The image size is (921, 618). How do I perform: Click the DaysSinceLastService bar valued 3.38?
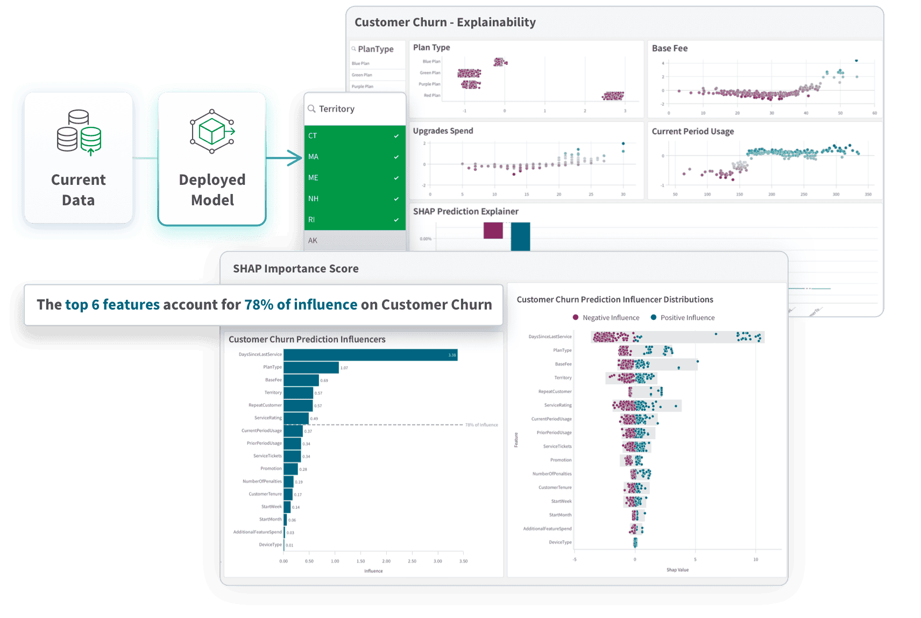[370, 355]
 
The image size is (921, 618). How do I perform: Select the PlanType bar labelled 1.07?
[311, 368]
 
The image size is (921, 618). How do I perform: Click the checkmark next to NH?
[396, 199]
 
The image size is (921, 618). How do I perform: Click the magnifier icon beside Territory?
[311, 109]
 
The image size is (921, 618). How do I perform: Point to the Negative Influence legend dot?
[576, 318]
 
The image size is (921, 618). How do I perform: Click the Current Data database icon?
[79, 133]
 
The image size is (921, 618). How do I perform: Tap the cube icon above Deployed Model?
[212, 132]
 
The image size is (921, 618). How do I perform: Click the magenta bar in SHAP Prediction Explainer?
[493, 231]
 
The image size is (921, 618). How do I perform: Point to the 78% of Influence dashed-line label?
[481, 425]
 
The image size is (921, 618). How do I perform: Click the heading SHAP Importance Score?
[295, 269]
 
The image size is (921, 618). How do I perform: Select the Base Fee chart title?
[669, 48]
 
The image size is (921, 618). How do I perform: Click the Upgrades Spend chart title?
[443, 131]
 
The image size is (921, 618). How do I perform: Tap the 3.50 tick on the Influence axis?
[463, 561]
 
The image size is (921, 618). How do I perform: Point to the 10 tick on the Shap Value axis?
[755, 559]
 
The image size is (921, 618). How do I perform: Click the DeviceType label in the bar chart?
[270, 545]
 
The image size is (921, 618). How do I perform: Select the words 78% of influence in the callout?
[301, 305]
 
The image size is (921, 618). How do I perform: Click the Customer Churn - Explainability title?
[445, 23]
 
